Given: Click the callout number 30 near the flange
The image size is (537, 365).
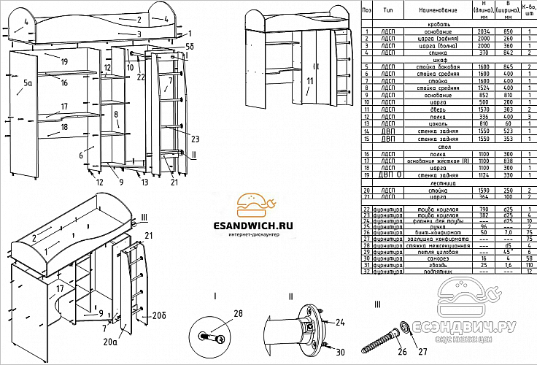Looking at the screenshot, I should coord(340,353).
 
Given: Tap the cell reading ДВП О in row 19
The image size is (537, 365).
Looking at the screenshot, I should coord(390,174).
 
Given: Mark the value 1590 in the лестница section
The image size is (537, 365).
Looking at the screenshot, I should coord(483,189).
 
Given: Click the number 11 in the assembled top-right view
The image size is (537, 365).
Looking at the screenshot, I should coord(309,80).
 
